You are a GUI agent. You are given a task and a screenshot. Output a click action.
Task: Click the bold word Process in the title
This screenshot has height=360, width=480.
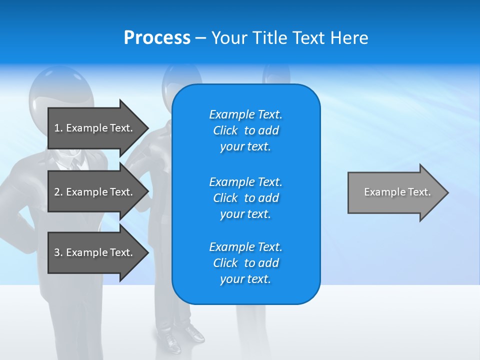click(x=157, y=38)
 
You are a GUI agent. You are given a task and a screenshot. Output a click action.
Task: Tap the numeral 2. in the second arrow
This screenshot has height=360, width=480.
click(x=58, y=192)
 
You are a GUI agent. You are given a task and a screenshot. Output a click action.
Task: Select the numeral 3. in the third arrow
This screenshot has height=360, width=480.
click(x=58, y=252)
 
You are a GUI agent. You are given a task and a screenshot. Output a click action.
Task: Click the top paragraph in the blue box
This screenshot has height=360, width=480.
click(x=245, y=130)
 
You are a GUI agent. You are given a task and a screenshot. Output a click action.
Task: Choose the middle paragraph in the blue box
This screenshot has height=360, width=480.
click(x=245, y=198)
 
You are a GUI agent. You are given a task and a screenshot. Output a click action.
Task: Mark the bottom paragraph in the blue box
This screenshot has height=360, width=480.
click(x=245, y=263)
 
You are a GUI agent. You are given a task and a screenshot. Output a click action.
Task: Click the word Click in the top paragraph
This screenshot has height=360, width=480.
click(x=225, y=130)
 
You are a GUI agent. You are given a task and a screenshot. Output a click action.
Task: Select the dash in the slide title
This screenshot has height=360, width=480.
click(x=200, y=38)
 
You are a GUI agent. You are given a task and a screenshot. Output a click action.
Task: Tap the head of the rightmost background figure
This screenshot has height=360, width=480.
click(x=276, y=75)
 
